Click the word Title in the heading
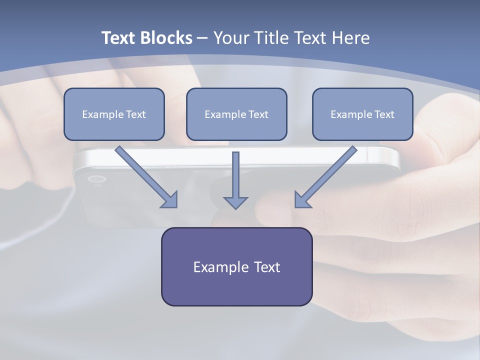(270, 38)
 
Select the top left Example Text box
(114, 114)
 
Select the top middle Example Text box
(236, 114)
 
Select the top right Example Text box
(362, 114)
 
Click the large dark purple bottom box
(236, 266)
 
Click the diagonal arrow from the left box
(144, 175)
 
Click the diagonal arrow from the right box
(327, 175)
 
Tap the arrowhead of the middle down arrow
(235, 202)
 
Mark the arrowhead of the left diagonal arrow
(171, 200)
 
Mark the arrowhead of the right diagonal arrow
(301, 200)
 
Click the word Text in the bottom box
(267, 267)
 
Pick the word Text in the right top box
(384, 114)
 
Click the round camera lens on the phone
(96, 179)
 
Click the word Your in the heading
(230, 38)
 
